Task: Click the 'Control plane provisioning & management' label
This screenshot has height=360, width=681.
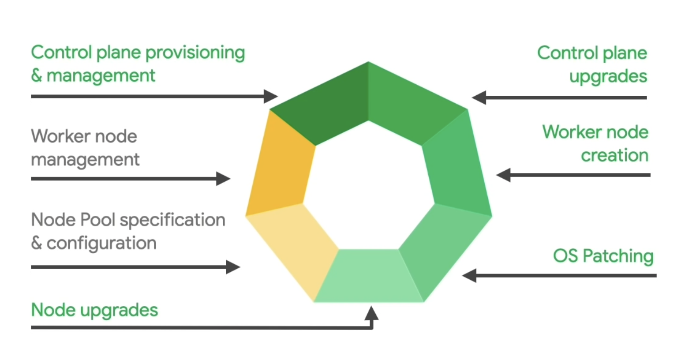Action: tap(138, 64)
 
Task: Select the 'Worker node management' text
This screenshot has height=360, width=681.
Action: tap(85, 148)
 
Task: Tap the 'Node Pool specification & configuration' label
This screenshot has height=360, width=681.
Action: tap(128, 231)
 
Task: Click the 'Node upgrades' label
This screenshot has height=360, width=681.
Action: tap(94, 310)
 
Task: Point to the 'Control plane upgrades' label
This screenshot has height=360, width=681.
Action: tap(592, 64)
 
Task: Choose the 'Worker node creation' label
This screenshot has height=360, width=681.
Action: tap(595, 143)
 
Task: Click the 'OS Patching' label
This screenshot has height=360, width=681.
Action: tap(603, 256)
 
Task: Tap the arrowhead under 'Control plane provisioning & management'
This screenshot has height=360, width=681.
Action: tap(271, 96)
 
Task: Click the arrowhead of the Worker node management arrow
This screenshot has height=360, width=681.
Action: tap(223, 179)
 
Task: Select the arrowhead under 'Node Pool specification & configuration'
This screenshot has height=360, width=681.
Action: tap(233, 267)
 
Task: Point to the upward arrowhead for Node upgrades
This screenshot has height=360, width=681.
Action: tap(371, 313)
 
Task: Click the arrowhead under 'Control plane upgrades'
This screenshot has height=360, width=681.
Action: tap(479, 97)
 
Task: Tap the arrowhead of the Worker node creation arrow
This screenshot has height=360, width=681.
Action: tap(504, 175)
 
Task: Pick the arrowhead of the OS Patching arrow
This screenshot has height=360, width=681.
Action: tap(470, 276)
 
